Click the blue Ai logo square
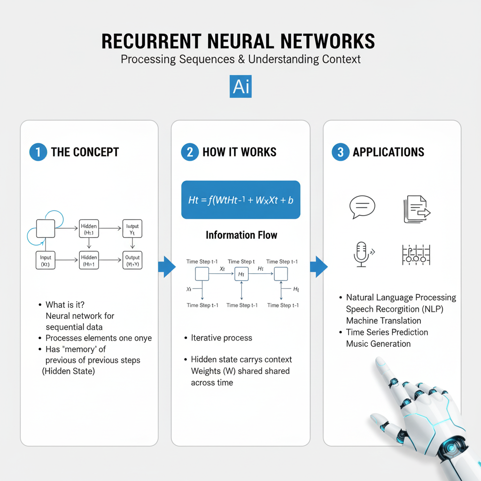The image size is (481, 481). pyautogui.click(x=240, y=86)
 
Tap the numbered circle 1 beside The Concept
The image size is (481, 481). pyautogui.click(x=38, y=152)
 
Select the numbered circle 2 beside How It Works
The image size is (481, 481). pyautogui.click(x=190, y=152)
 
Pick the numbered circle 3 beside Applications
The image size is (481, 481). pyautogui.click(x=340, y=152)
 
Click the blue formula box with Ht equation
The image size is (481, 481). pyautogui.click(x=240, y=200)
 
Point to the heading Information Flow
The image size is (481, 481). pyautogui.click(x=241, y=235)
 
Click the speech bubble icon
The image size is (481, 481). pyautogui.click(x=362, y=207)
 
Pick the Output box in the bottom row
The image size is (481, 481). pyautogui.click(x=132, y=260)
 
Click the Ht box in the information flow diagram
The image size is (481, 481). pyautogui.click(x=241, y=273)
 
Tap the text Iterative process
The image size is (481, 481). pyautogui.click(x=221, y=338)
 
